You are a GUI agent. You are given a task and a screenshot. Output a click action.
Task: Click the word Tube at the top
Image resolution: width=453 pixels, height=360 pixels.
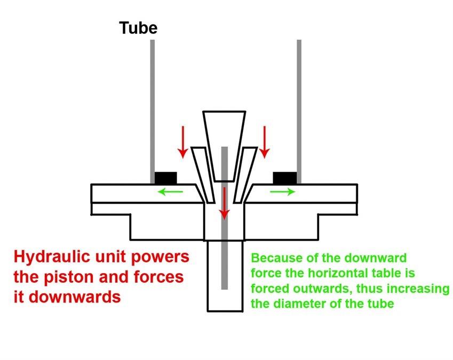[138, 28]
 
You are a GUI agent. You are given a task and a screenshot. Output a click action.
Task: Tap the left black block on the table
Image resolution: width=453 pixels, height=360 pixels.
[165, 178]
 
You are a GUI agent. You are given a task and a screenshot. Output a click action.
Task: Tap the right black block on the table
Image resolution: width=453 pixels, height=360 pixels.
[284, 178]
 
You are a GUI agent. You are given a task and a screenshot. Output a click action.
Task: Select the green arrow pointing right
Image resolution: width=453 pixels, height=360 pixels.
[282, 191]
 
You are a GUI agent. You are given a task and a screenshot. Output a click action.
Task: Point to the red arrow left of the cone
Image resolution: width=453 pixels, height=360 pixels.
[183, 141]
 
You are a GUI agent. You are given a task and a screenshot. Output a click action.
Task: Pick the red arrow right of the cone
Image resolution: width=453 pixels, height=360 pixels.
[264, 141]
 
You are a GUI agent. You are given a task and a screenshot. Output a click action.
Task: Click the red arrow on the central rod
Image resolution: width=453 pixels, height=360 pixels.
[225, 203]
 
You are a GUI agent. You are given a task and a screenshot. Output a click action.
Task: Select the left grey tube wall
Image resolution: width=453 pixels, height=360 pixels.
[153, 107]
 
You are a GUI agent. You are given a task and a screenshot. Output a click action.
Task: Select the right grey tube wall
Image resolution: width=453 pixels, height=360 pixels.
[299, 107]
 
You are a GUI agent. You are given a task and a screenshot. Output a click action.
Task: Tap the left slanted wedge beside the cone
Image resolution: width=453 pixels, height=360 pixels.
[200, 171]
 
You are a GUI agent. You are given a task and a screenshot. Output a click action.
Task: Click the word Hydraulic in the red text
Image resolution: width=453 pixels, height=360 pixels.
[48, 257]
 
